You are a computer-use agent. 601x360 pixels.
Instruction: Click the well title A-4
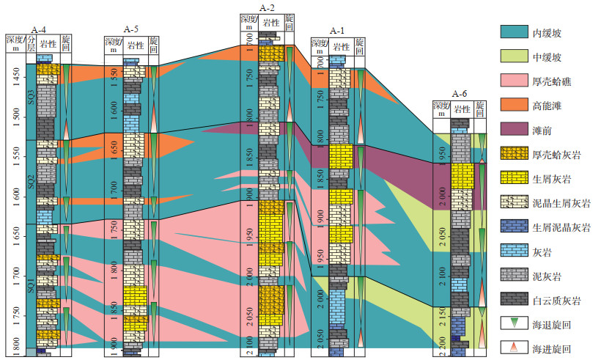coord(40,29)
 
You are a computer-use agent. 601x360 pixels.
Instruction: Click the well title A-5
coord(131,29)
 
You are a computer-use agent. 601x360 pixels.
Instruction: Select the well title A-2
coord(268,7)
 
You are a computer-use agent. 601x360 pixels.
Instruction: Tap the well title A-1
coord(337,31)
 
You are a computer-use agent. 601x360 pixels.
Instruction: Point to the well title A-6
coord(460,93)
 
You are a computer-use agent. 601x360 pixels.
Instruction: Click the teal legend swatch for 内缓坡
coord(515,33)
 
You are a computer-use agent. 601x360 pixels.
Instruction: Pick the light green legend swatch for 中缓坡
coord(515,56)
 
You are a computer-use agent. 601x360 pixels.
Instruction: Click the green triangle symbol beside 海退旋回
coord(515,323)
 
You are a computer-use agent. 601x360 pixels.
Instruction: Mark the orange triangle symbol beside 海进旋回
coord(515,347)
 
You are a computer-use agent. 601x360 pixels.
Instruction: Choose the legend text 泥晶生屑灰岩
coord(564,202)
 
